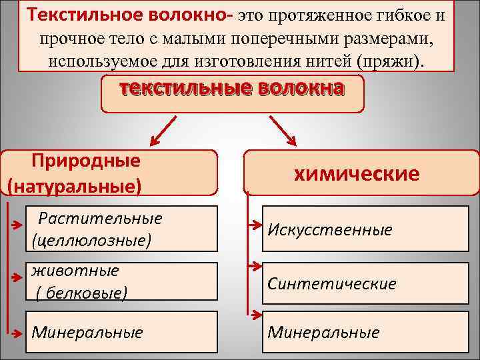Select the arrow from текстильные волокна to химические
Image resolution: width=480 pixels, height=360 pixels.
point(283,131)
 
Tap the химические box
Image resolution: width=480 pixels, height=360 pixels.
point(357,174)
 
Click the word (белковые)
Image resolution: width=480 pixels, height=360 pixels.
point(81,292)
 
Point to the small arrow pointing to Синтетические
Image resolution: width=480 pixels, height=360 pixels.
point(254,266)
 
